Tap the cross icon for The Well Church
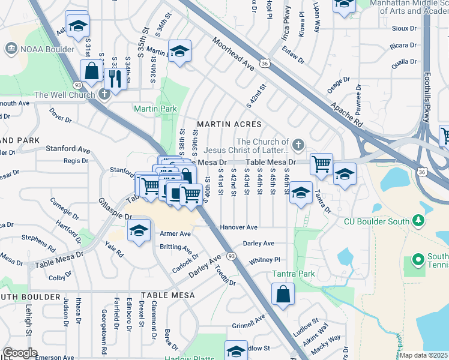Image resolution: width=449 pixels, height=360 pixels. (104, 94)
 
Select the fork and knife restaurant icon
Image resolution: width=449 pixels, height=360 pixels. (113, 78)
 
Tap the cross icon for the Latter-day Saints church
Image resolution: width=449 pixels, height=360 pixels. (298, 144)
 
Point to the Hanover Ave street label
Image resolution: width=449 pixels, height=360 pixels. (238, 227)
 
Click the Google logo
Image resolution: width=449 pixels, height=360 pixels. (20, 353)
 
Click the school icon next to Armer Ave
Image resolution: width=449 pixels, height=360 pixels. (139, 230)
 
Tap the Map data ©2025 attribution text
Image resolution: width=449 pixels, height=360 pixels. (423, 355)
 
